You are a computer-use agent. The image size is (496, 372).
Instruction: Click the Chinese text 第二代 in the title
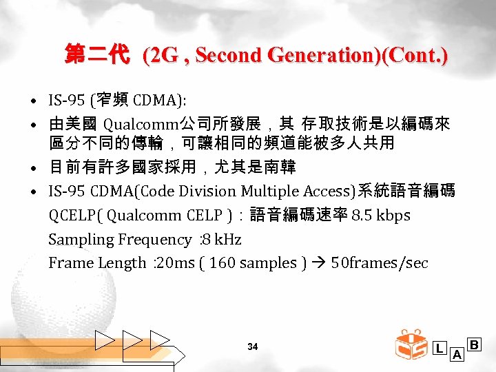[x=96, y=54]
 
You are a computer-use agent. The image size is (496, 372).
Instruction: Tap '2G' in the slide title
[x=161, y=55]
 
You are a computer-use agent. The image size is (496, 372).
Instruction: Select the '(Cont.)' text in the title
[x=415, y=55]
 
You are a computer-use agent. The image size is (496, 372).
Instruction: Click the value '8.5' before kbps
[x=362, y=215]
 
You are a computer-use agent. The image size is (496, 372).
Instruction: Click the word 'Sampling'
[x=75, y=239]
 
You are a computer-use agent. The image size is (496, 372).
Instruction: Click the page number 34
[x=252, y=347]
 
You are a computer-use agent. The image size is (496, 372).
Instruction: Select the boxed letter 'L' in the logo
[x=440, y=348]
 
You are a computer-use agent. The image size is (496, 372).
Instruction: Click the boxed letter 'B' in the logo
[x=474, y=342]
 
